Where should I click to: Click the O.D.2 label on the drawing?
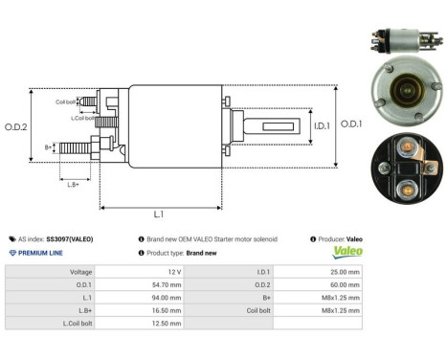(16, 126)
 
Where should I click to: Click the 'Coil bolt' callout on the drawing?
(65, 101)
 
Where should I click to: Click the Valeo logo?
(347, 253)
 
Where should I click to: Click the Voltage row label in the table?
(81, 272)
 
